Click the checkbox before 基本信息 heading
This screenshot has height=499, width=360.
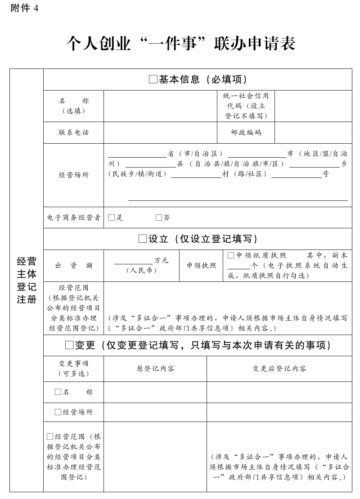click(153, 80)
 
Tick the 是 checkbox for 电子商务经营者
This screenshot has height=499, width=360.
click(112, 218)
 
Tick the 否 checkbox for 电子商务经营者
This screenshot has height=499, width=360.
click(159, 218)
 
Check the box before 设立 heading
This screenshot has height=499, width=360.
click(143, 239)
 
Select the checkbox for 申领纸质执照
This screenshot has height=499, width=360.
click(231, 255)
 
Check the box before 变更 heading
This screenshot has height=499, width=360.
click(69, 345)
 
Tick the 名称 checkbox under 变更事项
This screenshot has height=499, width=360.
click(58, 392)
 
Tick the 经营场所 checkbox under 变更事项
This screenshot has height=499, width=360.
click(58, 412)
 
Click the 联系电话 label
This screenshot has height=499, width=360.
click(74, 132)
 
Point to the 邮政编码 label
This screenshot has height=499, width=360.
click(246, 132)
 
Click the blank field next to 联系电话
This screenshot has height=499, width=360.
click(160, 132)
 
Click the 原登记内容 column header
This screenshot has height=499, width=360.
click(155, 368)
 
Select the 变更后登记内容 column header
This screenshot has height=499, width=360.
click(279, 368)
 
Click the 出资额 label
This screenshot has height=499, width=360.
click(74, 266)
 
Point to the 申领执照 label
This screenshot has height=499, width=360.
click(201, 266)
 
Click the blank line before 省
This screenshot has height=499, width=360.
click(137, 154)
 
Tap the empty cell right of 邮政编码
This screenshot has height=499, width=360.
click(313, 132)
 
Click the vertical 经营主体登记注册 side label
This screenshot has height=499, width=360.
click(27, 280)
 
